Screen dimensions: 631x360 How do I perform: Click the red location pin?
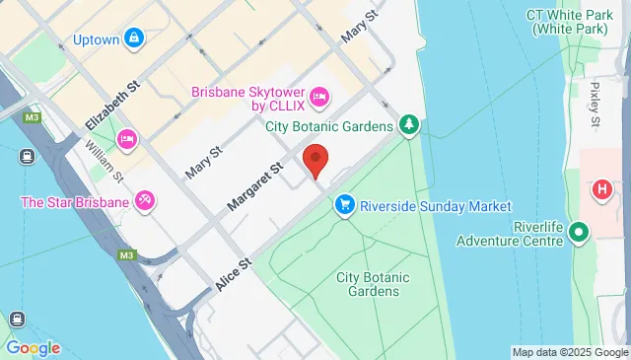coord(315,160)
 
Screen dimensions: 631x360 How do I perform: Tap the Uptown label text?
coord(97,40)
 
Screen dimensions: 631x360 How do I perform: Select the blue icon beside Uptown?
coord(133,39)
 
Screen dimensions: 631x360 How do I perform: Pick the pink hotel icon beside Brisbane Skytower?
coord(318,96)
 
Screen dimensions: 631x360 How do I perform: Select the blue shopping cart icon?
coord(344,205)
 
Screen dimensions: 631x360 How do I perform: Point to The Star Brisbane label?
coord(76,203)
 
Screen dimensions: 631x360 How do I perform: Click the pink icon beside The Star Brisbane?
coord(145,202)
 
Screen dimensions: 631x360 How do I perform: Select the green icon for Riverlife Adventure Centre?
coord(579,234)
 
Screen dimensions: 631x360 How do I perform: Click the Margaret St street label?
coord(254,186)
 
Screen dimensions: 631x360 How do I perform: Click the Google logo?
coord(33,348)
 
